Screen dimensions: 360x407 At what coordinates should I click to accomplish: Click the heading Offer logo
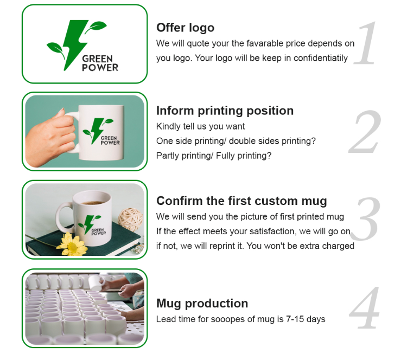pyautogui.click(x=185, y=28)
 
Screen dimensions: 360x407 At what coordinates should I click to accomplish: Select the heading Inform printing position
pyautogui.click(x=225, y=111)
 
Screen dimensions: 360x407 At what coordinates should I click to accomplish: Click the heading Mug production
pyautogui.click(x=202, y=303)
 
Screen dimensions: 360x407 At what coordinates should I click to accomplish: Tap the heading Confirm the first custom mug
pyautogui.click(x=241, y=201)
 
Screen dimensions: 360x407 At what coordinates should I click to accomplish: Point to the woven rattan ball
pyautogui.click(x=129, y=218)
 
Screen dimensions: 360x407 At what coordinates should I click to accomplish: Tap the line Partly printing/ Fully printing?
pyautogui.click(x=214, y=156)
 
